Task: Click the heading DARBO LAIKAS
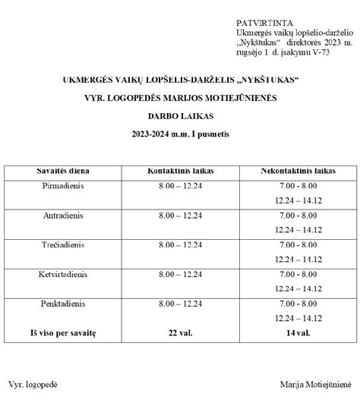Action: click(x=180, y=116)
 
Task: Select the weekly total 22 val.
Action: click(x=181, y=333)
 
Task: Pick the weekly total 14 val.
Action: click(x=298, y=333)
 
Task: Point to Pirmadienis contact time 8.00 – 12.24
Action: click(x=181, y=186)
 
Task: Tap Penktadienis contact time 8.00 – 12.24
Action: click(x=181, y=304)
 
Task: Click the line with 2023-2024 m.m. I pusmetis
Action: click(x=180, y=134)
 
